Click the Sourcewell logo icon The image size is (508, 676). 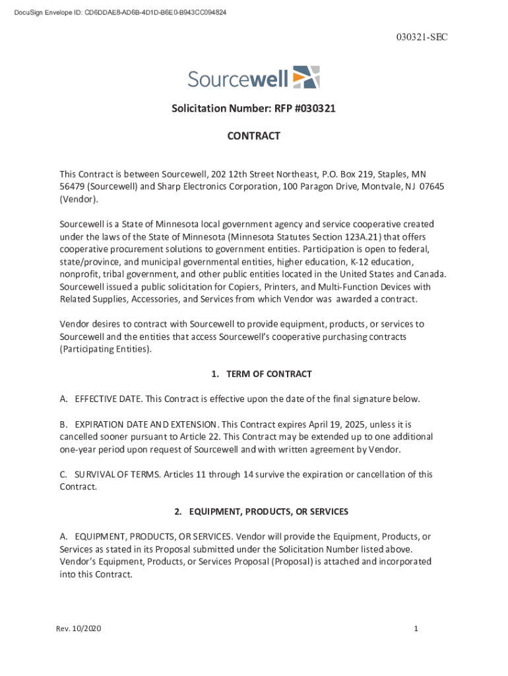coord(306,77)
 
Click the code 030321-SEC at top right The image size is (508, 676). coord(422,38)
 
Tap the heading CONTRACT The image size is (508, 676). coord(253,136)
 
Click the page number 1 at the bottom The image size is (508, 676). coord(416,629)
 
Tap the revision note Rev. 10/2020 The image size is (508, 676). coord(79,629)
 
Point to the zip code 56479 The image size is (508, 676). coord(72,187)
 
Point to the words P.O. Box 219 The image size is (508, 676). coord(350,174)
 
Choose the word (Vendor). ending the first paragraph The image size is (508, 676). coord(79,199)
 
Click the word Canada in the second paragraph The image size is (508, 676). coord(430,275)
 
